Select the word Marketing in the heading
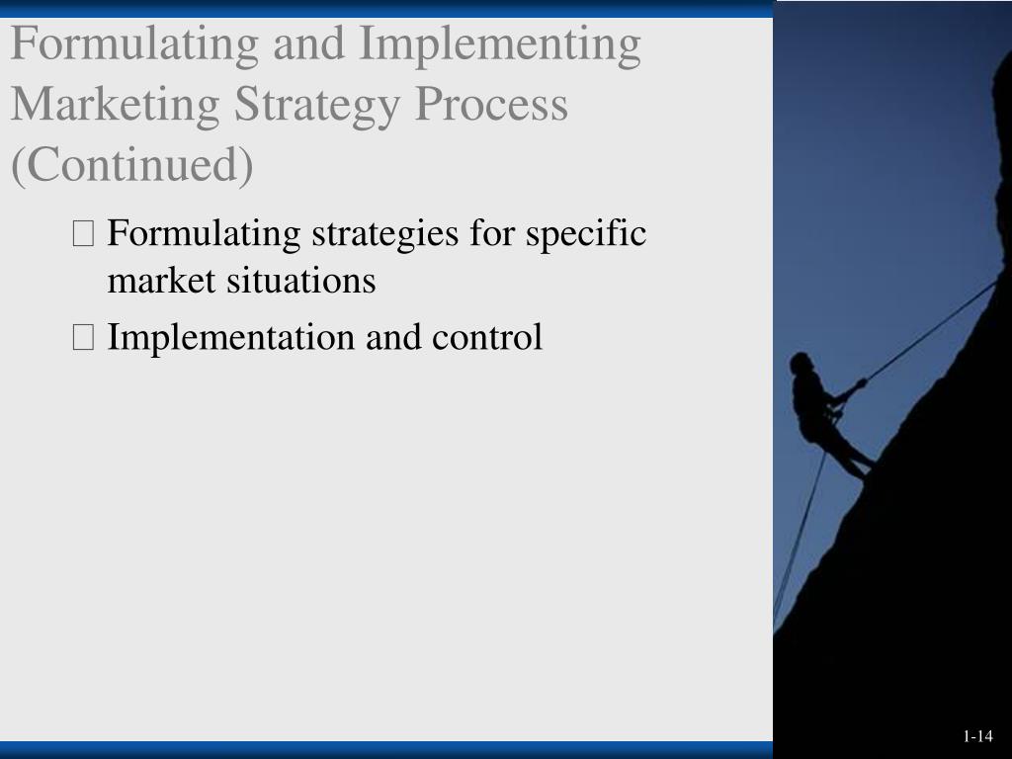tap(115, 105)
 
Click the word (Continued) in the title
tap(131, 165)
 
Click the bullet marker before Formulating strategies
tap(83, 235)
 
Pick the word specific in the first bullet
tap(586, 234)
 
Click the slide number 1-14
tap(977, 736)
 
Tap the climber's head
tap(801, 364)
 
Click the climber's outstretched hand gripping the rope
tap(861, 383)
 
